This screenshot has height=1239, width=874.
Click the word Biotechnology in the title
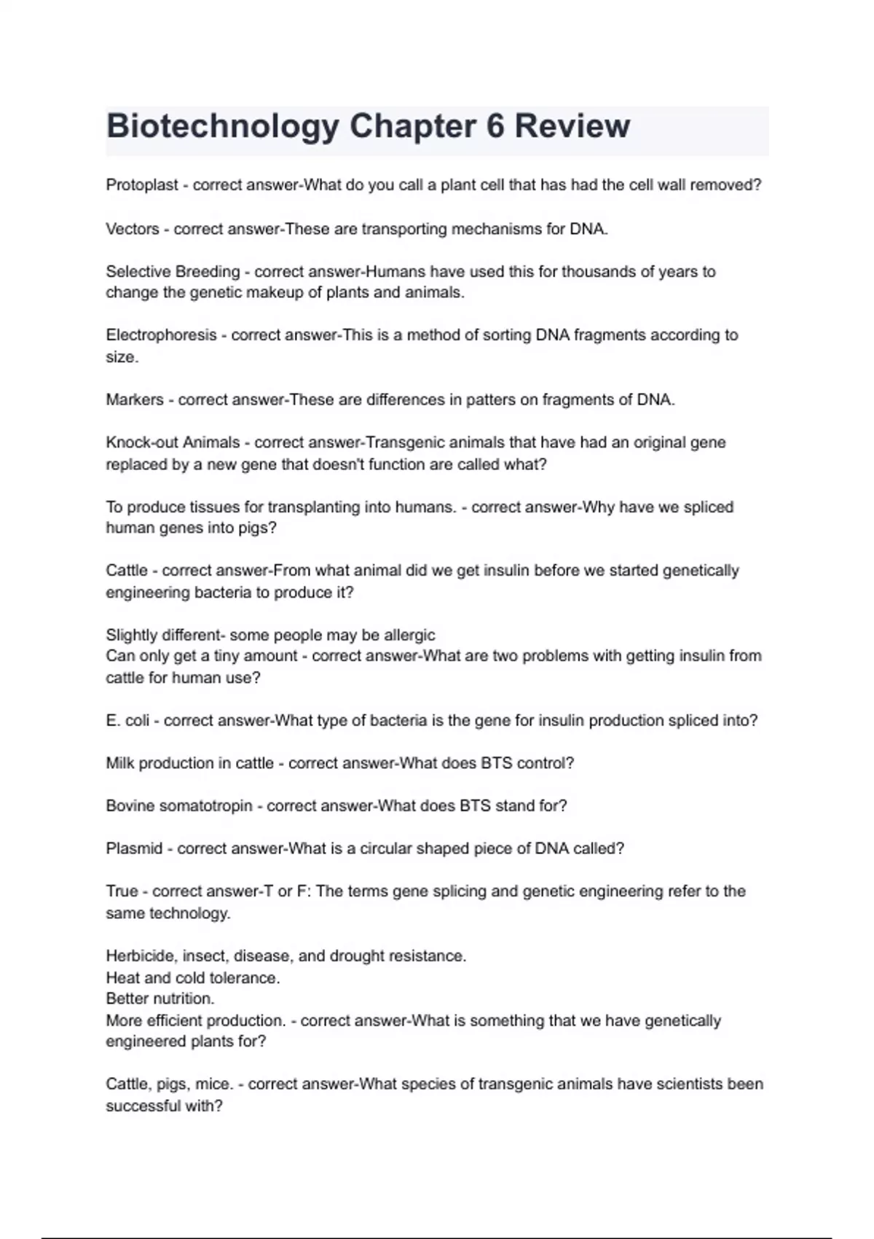click(x=222, y=127)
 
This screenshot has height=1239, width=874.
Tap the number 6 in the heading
click(x=495, y=126)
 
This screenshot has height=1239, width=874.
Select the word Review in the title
click(x=572, y=126)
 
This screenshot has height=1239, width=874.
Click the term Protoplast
click(x=142, y=185)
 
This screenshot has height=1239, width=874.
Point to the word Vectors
click(x=133, y=229)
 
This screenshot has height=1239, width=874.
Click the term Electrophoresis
click(x=161, y=335)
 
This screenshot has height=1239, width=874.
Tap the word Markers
click(x=135, y=400)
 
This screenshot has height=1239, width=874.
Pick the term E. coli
click(x=127, y=721)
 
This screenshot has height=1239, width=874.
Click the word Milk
click(x=120, y=763)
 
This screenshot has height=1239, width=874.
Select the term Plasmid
click(x=134, y=849)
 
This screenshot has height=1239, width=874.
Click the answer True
click(x=122, y=891)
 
